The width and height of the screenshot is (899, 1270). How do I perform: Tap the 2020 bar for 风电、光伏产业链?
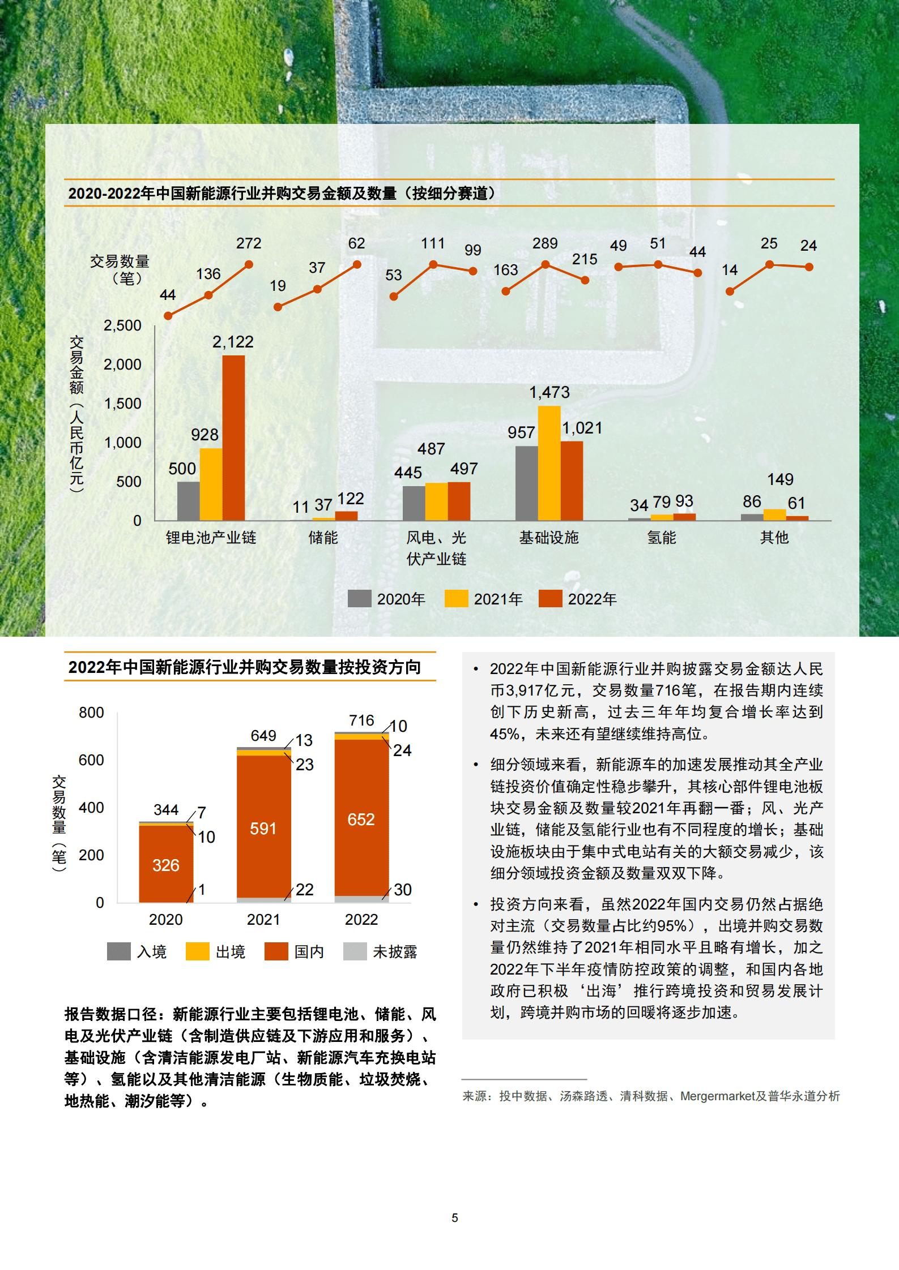[x=414, y=503]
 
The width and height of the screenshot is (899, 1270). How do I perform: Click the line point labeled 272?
[x=249, y=264]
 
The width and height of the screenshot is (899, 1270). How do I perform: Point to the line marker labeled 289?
[x=545, y=264]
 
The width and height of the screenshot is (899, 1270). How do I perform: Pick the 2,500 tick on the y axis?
[x=122, y=325]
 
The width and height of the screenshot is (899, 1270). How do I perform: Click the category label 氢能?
[x=662, y=538]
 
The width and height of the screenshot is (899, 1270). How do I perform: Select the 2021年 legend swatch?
[x=456, y=598]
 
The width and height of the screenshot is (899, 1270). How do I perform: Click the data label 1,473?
[x=549, y=392]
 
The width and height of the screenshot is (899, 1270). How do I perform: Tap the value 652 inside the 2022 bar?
[x=361, y=819]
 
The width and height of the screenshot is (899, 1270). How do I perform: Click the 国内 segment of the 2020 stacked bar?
[x=166, y=864]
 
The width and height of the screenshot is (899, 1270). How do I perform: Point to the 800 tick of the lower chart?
[x=91, y=713]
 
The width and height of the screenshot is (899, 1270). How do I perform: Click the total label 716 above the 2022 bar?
[x=361, y=720]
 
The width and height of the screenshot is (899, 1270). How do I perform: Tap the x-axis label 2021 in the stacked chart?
[x=263, y=920]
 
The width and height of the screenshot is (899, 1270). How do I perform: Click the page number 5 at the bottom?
[x=455, y=1217]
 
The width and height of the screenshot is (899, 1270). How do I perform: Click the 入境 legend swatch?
[x=118, y=951]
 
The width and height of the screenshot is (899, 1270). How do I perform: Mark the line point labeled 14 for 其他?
[x=730, y=291]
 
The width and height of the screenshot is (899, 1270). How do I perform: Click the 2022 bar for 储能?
[x=346, y=516]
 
